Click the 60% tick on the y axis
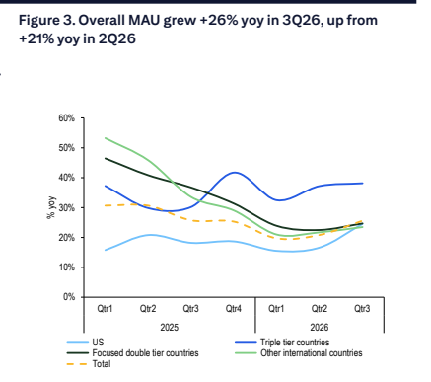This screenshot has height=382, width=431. pos(67,118)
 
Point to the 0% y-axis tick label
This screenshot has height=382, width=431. pos(69,297)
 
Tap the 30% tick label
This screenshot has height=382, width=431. pos(67,207)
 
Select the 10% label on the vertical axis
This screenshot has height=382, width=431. pos(67,267)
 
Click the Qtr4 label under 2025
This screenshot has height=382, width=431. pos(234,309)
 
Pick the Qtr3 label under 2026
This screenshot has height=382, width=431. pos(362,309)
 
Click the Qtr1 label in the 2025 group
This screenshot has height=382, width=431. pos(105,309)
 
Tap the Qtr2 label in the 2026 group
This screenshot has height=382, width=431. pos(320,309)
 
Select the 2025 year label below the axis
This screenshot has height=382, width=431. pos(170,328)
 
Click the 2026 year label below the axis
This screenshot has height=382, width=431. pos(320,328)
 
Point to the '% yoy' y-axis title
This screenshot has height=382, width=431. pos(51,208)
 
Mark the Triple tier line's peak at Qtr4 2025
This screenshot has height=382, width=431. pos(235,172)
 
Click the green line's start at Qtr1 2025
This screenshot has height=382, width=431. pos(105,138)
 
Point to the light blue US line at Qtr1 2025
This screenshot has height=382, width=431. pos(105,250)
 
